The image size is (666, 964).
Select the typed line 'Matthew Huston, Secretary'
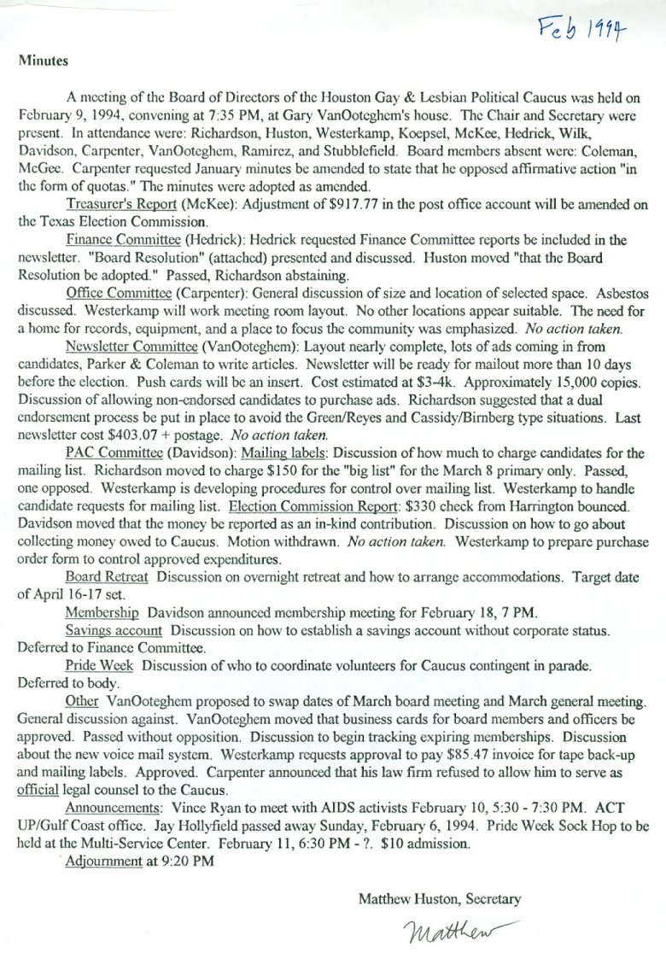(x=439, y=899)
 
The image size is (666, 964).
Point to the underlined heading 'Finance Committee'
(x=114, y=241)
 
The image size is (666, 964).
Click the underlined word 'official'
(x=38, y=790)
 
